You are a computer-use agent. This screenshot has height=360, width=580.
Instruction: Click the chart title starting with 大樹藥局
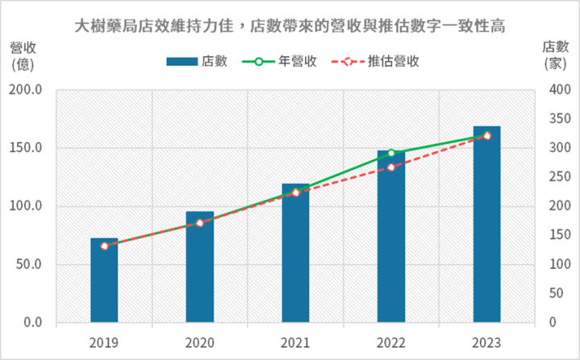290,26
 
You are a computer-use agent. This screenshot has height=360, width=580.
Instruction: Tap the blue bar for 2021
295,258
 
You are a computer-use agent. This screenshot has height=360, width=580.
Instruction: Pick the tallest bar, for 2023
486,226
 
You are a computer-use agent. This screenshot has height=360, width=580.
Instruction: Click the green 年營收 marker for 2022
391,153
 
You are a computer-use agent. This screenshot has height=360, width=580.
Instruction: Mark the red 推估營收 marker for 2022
391,168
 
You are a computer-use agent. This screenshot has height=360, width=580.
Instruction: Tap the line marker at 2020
200,222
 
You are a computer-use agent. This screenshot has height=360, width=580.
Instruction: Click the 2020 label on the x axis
200,343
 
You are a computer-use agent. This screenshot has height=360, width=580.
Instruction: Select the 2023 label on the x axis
486,343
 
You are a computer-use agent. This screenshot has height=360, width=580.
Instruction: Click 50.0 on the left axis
29,265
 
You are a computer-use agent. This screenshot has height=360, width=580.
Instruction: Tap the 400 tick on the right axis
556,90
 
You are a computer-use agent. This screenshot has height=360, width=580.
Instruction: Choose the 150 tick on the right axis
556,236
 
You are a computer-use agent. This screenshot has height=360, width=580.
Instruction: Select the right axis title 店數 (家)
556,53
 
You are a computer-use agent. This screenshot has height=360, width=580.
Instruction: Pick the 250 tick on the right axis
556,177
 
